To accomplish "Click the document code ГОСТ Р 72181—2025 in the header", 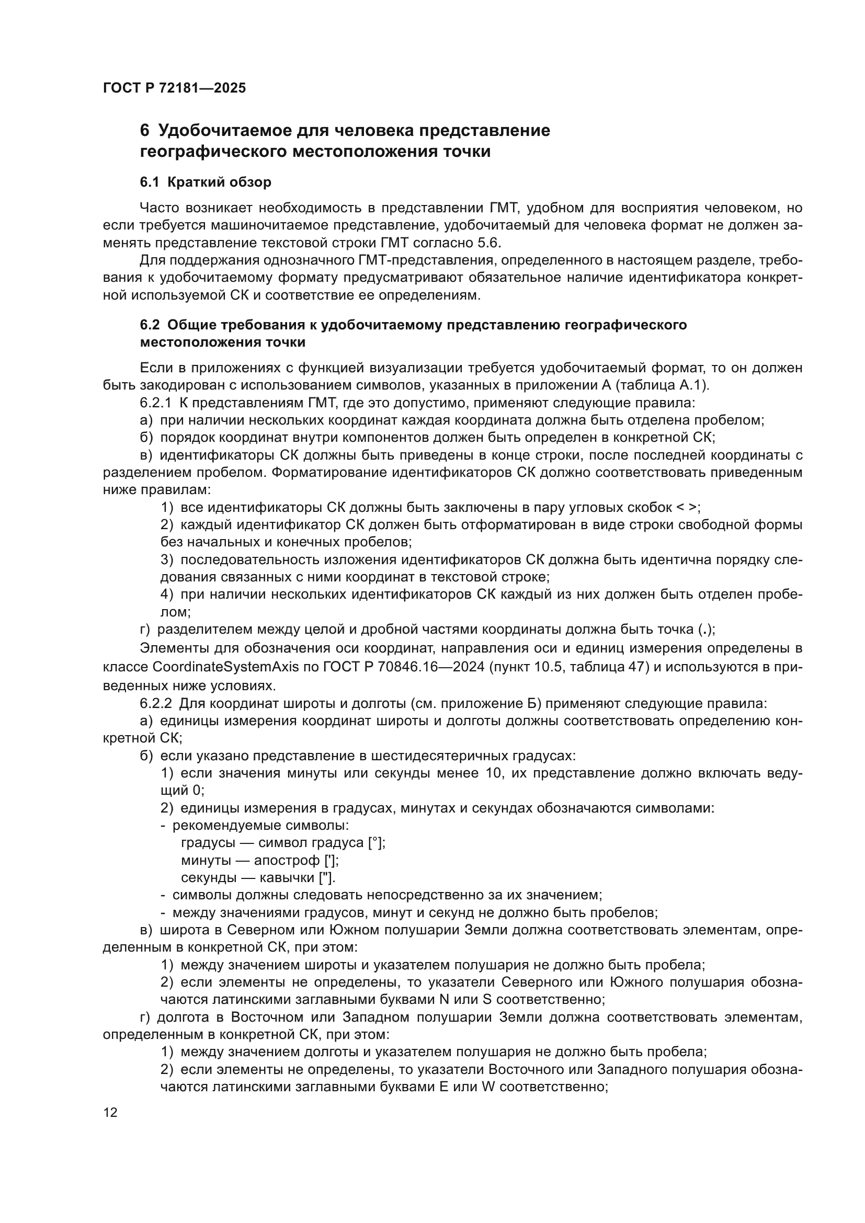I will [174, 88].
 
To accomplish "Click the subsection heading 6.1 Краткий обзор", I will [205, 182].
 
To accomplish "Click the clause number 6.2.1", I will [155, 403].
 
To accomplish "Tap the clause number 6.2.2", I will [155, 704].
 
